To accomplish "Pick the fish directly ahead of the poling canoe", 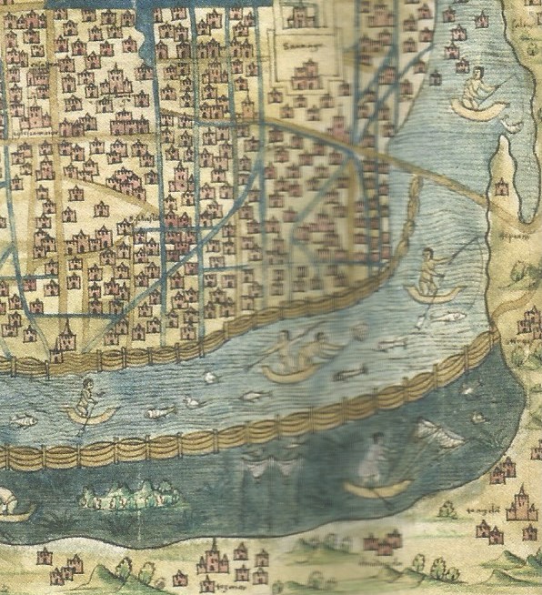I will [x=160, y=412].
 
